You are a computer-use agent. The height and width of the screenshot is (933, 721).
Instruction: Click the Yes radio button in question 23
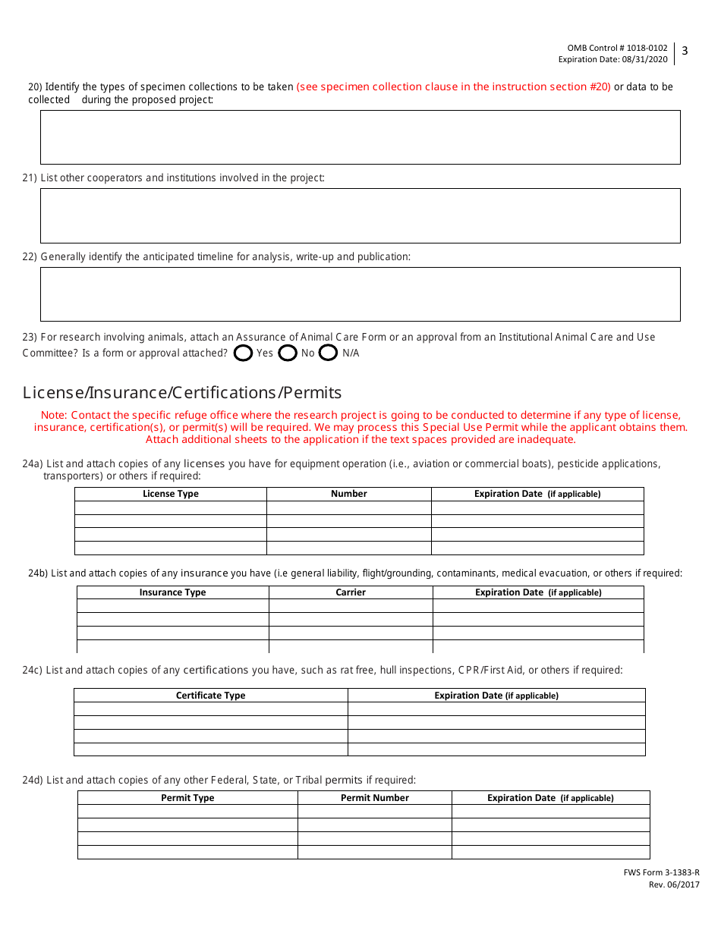[x=244, y=353]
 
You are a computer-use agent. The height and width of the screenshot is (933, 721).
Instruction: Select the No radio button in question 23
[x=288, y=353]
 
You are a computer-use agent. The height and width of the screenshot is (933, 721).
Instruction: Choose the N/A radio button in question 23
[x=328, y=353]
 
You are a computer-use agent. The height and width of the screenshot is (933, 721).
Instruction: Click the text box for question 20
[x=360, y=137]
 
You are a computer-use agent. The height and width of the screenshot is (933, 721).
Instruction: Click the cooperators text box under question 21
[x=360, y=215]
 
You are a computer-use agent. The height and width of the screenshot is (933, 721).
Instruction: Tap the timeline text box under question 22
[x=360, y=294]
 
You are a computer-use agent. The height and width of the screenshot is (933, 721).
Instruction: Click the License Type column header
[x=171, y=494]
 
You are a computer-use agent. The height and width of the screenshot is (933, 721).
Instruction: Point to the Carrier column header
[x=351, y=592]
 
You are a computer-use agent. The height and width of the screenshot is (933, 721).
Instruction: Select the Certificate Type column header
[x=211, y=696]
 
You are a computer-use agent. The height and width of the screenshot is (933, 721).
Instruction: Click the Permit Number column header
[x=375, y=798]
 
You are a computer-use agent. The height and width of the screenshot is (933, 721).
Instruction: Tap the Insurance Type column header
[x=173, y=592]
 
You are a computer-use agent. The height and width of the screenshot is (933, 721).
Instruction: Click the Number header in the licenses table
[x=349, y=494]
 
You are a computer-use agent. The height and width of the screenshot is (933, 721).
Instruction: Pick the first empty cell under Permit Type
[x=187, y=812]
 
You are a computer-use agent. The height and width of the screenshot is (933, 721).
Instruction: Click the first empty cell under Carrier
[x=351, y=606]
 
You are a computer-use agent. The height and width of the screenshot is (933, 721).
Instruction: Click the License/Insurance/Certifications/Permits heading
[x=182, y=393]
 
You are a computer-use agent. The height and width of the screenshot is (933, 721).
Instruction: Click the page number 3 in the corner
[x=685, y=52]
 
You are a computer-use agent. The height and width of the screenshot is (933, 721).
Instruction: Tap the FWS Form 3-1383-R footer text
[x=656, y=873]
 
